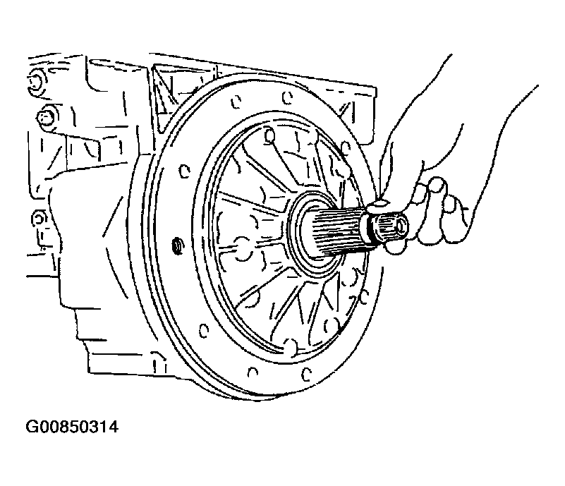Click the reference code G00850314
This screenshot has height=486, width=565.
pos(72,427)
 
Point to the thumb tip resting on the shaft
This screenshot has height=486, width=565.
pos(378,206)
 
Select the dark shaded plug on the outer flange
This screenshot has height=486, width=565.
pos(177,246)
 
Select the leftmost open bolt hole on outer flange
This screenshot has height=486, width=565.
pos(185,171)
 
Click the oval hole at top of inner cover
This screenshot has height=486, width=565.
pos(269,136)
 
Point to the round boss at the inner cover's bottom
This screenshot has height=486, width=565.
pos(291,346)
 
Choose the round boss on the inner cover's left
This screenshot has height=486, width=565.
pos(243,248)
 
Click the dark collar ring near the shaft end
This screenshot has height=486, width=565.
pos(369,228)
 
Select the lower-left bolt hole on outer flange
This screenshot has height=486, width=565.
pos(204,330)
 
